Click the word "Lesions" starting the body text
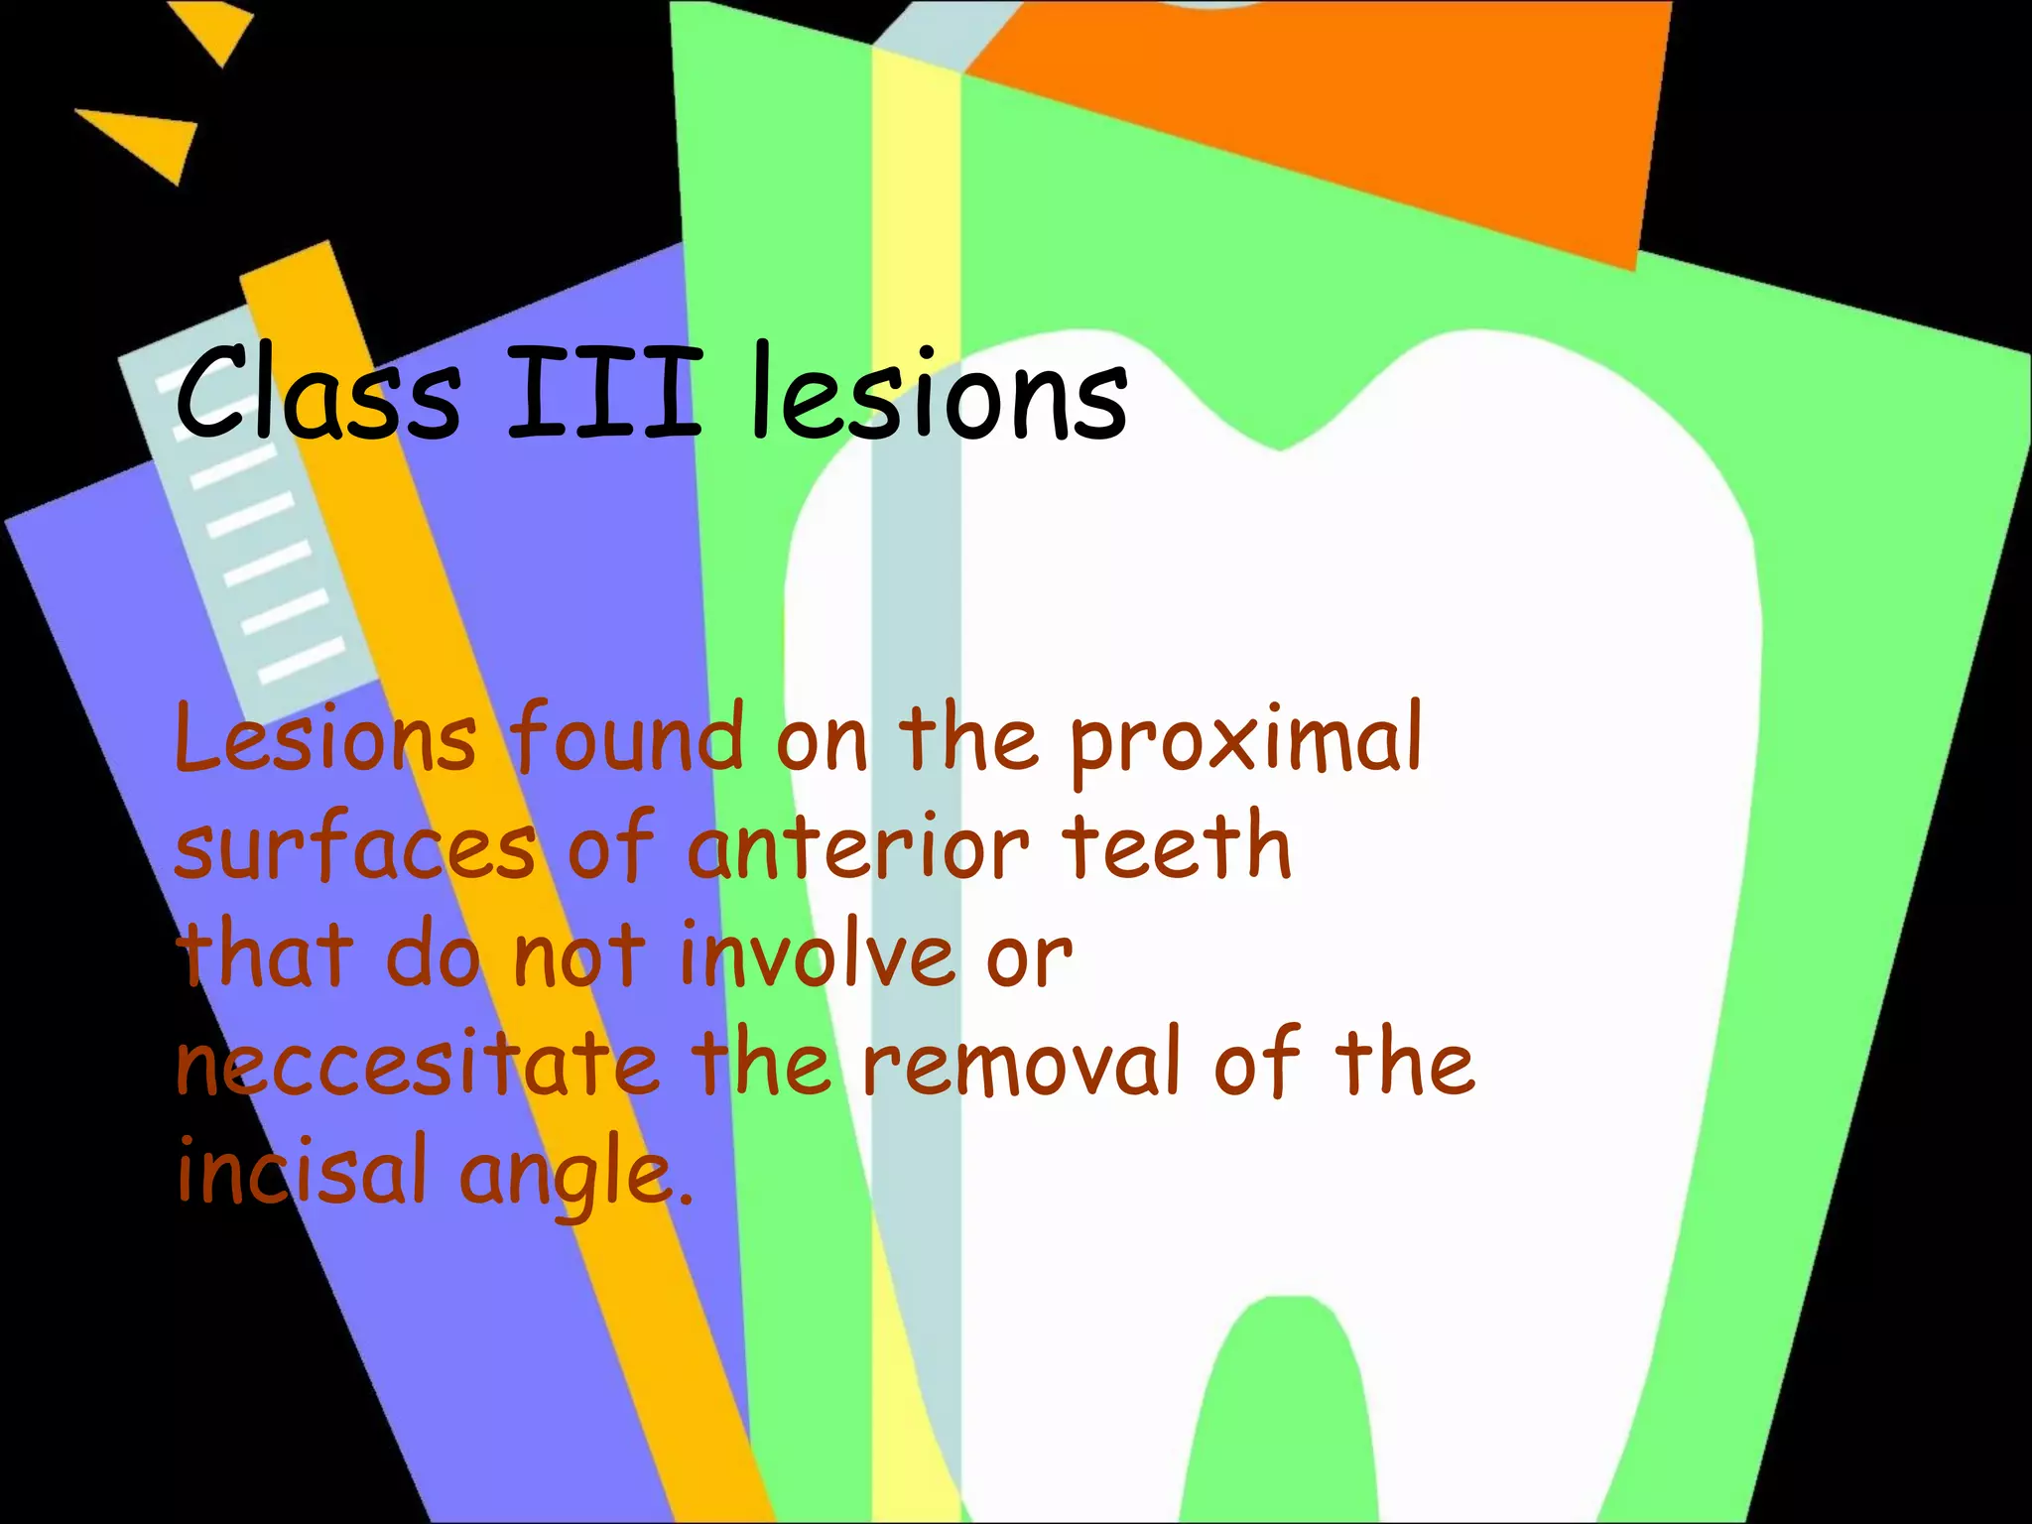(x=324, y=738)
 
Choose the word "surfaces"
(x=354, y=849)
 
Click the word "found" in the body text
(x=627, y=738)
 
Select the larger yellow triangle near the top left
(x=149, y=139)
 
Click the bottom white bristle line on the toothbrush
(x=302, y=660)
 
